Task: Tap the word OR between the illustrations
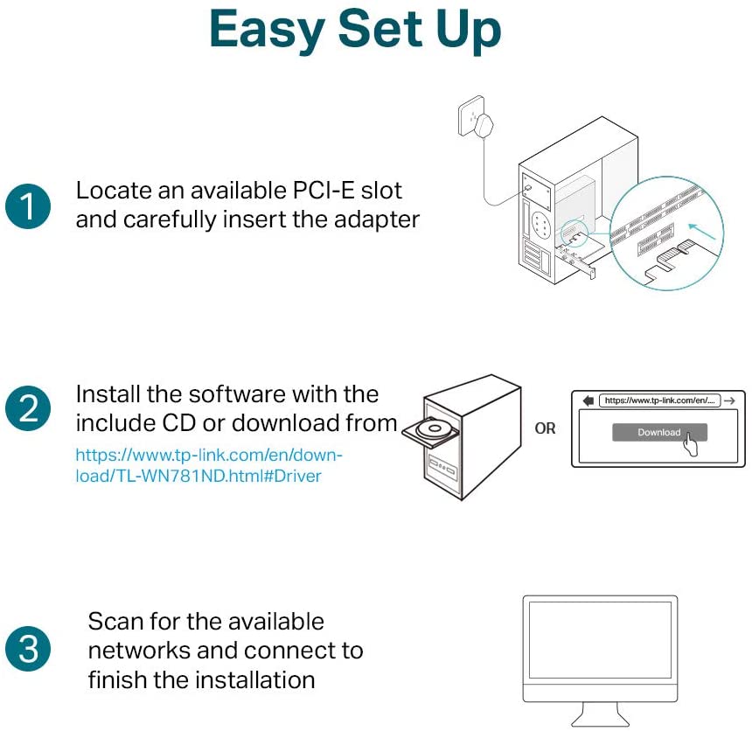click(545, 429)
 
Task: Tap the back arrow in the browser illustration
click(588, 400)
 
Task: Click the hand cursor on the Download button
click(693, 443)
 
